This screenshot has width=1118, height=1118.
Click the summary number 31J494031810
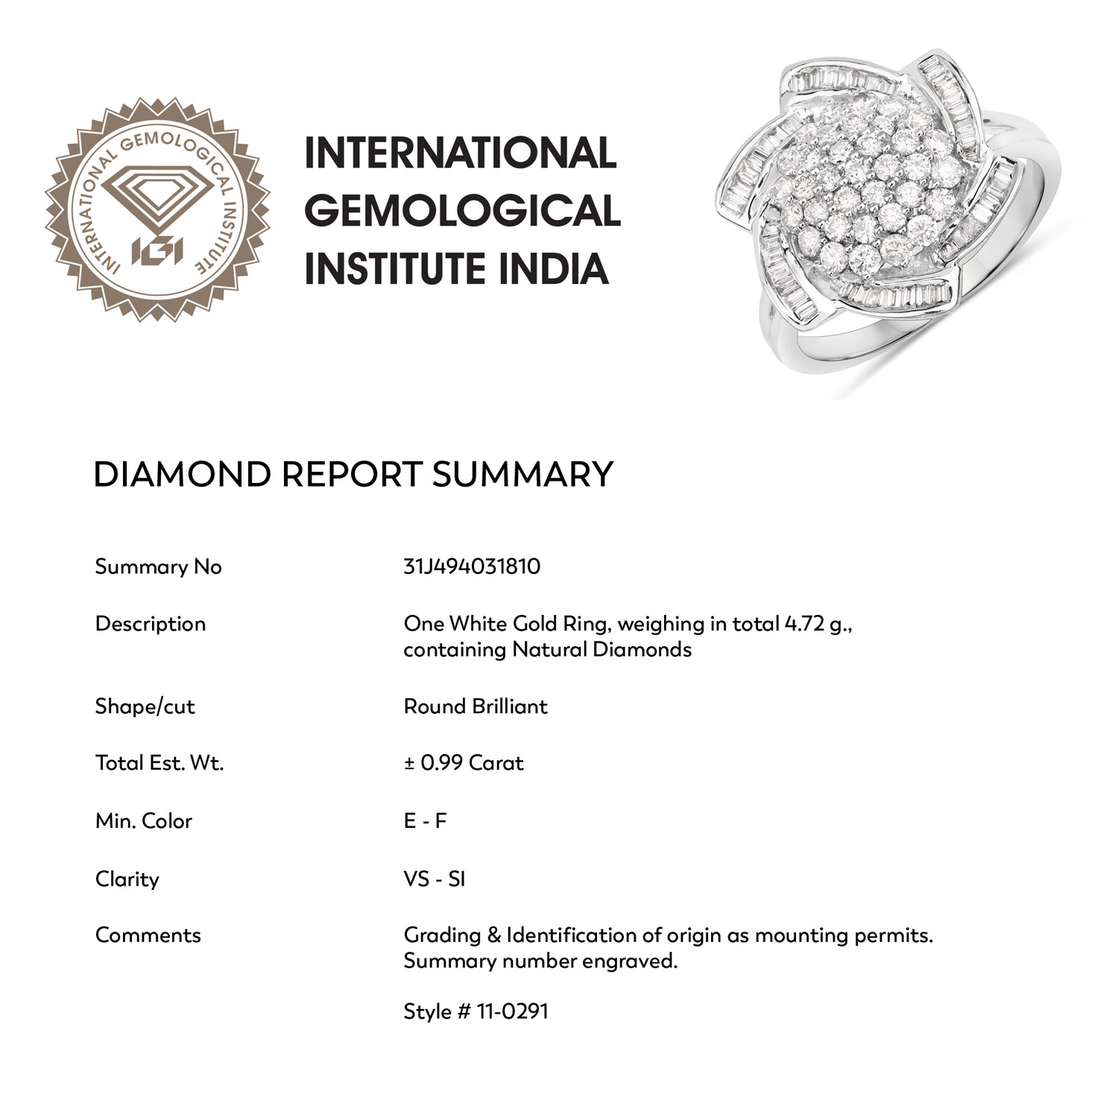pos(472,566)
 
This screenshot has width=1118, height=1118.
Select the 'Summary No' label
pos(158,567)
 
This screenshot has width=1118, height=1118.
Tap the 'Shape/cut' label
pos(145,707)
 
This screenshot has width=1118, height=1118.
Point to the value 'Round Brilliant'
pos(476,707)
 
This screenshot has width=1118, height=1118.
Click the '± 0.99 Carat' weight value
pos(464,763)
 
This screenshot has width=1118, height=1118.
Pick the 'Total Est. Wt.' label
pos(159,763)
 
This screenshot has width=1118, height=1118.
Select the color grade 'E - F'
pos(425,821)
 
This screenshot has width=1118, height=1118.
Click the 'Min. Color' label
pos(143,821)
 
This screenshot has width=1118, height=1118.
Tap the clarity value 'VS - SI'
pos(435,879)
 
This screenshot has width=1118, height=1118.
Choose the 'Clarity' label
pos(127,879)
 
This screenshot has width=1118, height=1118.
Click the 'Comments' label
pos(148,935)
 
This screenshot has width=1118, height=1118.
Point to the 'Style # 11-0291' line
pos(476,1011)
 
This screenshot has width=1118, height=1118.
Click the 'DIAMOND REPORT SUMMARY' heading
pos(353,475)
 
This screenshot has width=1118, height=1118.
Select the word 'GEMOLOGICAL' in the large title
pos(462,211)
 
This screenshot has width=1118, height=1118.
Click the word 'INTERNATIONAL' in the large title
pos(461,153)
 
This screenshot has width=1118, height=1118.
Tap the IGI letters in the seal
pos(157,251)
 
